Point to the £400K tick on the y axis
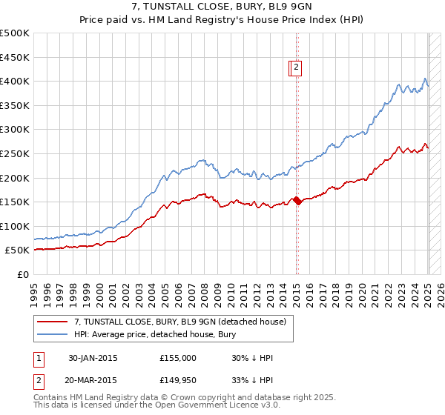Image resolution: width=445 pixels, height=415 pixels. [x=16, y=81]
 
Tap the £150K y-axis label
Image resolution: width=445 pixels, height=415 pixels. [x=16, y=202]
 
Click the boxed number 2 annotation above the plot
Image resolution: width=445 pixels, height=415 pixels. [x=296, y=68]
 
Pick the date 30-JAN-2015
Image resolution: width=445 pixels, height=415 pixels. [x=93, y=359]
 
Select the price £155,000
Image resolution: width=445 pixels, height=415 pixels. [x=178, y=359]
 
